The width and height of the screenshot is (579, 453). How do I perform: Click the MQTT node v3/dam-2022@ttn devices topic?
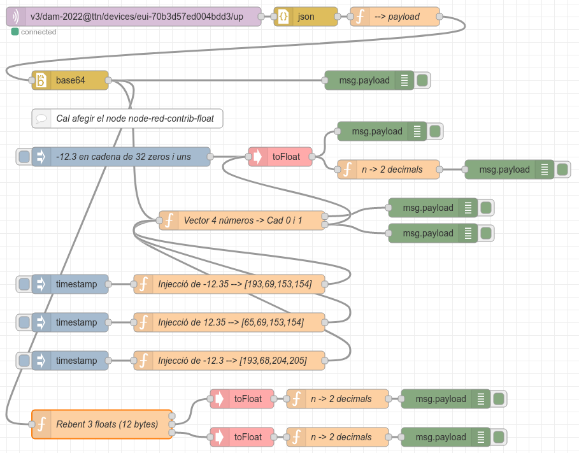(x=134, y=17)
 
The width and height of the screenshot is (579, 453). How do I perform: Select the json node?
(x=306, y=17)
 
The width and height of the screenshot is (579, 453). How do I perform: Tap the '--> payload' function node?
(x=395, y=17)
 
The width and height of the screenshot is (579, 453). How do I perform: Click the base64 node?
(x=70, y=80)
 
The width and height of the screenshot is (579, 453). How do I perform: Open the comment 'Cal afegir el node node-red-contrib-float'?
(x=127, y=119)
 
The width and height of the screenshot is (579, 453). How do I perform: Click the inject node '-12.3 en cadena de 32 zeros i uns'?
(x=121, y=157)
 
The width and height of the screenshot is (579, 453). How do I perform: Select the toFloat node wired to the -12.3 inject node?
(x=280, y=157)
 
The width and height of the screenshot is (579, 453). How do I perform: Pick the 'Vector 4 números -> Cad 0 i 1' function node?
(x=242, y=220)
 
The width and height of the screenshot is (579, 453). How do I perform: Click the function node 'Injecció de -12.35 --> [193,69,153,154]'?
(x=229, y=284)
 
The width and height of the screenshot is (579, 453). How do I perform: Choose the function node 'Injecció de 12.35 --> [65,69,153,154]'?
(x=229, y=322)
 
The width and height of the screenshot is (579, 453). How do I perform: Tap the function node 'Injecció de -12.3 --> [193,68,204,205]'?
(x=229, y=361)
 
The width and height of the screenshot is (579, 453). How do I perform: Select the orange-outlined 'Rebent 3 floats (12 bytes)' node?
(x=102, y=424)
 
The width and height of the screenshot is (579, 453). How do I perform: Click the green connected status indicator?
(x=15, y=32)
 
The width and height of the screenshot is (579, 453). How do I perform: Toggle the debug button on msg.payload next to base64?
(x=422, y=80)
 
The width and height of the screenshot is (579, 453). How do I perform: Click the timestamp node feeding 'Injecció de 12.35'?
(x=70, y=322)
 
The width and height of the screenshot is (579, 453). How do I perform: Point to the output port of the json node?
(x=338, y=17)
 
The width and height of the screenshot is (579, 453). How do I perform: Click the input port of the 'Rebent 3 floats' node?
(x=32, y=424)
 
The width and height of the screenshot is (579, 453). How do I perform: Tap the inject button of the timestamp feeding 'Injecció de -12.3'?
(x=24, y=361)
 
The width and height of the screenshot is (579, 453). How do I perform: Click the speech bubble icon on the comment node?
(x=41, y=119)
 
